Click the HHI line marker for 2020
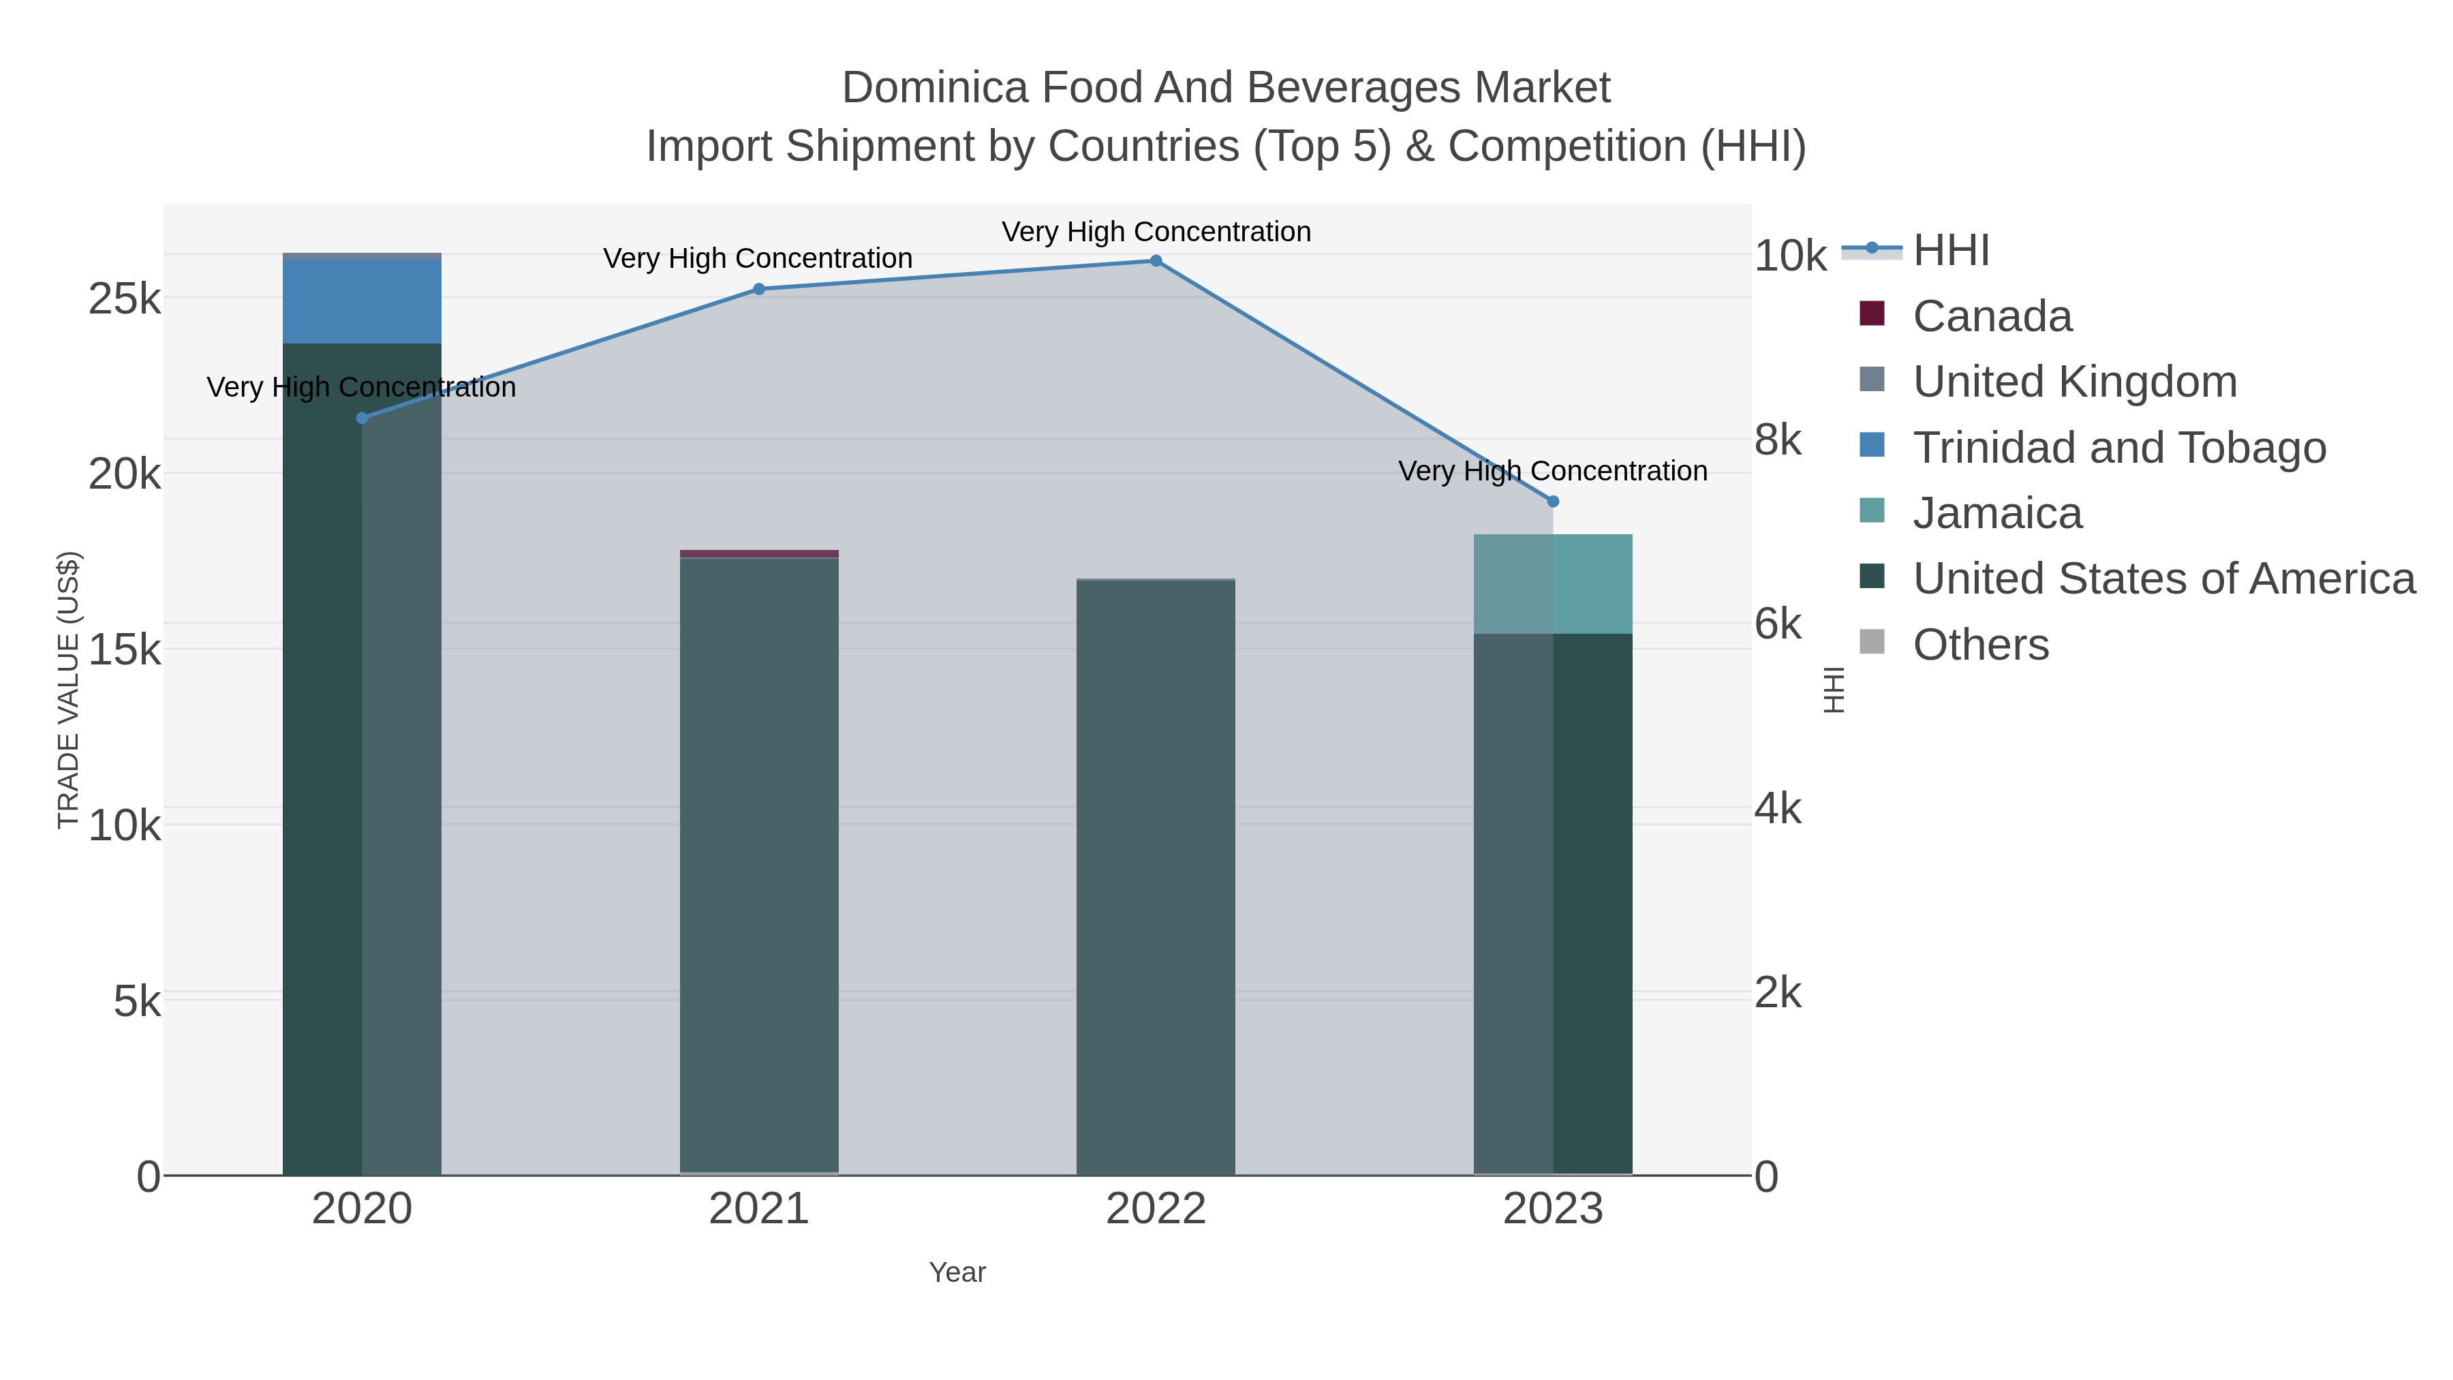click(362, 418)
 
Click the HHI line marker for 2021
click(759, 290)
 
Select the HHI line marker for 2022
click(1156, 261)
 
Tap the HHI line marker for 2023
click(1553, 502)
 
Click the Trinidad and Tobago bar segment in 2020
click(362, 301)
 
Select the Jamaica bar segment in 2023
click(1553, 584)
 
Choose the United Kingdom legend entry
click(2074, 382)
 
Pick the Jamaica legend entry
click(1997, 513)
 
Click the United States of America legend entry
click(2163, 579)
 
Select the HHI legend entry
click(1950, 251)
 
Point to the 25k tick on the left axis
click(125, 300)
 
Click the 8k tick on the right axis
click(1778, 440)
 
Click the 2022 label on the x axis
click(1156, 1210)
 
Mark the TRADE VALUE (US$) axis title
click(69, 690)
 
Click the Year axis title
click(957, 1272)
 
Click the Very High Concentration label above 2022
click(1156, 232)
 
